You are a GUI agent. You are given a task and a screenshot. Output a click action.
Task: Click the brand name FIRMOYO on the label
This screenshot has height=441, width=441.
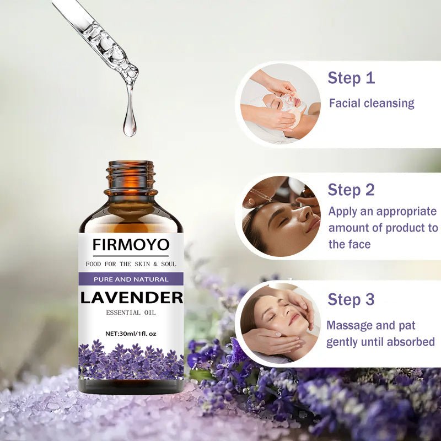pyautogui.click(x=131, y=244)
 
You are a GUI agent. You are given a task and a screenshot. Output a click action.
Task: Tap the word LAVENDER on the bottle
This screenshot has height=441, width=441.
pyautogui.click(x=131, y=298)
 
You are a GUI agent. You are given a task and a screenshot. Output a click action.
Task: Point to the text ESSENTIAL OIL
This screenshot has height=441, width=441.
pyautogui.click(x=131, y=313)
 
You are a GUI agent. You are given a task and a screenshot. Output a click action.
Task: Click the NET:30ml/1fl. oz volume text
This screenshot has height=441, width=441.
pyautogui.click(x=131, y=333)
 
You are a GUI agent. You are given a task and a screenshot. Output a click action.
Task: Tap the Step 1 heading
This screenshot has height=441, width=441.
pyautogui.click(x=351, y=78)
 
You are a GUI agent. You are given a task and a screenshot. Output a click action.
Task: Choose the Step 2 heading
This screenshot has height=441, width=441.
pyautogui.click(x=351, y=190)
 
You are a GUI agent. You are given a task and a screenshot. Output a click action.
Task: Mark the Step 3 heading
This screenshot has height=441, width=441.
pyautogui.click(x=351, y=299)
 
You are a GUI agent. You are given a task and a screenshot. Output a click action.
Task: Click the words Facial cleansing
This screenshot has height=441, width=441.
pyautogui.click(x=372, y=103)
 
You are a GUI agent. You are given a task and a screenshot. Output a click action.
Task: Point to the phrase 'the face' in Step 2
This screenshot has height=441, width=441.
pyautogui.click(x=349, y=244)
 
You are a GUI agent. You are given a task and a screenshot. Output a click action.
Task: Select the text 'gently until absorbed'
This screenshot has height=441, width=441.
pyautogui.click(x=380, y=342)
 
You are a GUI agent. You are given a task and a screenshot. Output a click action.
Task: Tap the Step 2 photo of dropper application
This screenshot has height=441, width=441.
pyautogui.click(x=281, y=216)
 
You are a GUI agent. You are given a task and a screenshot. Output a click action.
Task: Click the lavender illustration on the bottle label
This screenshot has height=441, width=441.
pyautogui.click(x=131, y=361)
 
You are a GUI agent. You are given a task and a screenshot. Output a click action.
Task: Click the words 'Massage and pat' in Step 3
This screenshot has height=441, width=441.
pyautogui.click(x=371, y=325)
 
